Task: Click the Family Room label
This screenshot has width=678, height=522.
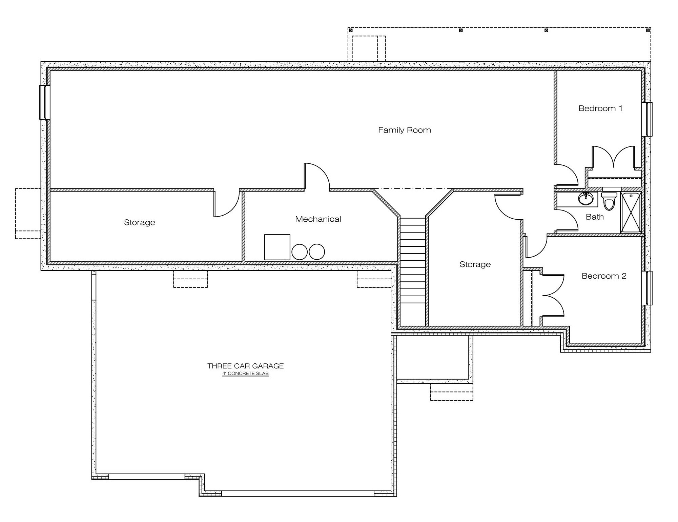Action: [404, 130]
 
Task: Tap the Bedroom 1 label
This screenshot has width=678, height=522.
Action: [600, 108]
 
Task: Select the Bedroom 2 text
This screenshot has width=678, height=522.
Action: [604, 276]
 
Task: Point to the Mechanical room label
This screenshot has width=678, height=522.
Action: [318, 219]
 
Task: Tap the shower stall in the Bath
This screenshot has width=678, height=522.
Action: [631, 213]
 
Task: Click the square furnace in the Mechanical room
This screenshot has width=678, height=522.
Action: [277, 247]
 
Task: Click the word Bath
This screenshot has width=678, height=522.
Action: [595, 217]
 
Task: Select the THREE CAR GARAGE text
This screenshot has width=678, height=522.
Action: [245, 366]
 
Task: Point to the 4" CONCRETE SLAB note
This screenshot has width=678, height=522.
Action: [245, 374]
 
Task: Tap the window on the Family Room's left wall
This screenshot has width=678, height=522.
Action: [45, 102]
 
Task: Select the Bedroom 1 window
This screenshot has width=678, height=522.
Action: [647, 119]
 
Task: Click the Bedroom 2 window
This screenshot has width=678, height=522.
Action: [647, 288]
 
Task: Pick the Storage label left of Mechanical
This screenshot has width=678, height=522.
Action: [139, 222]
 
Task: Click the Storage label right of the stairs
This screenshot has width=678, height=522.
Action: [475, 264]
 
